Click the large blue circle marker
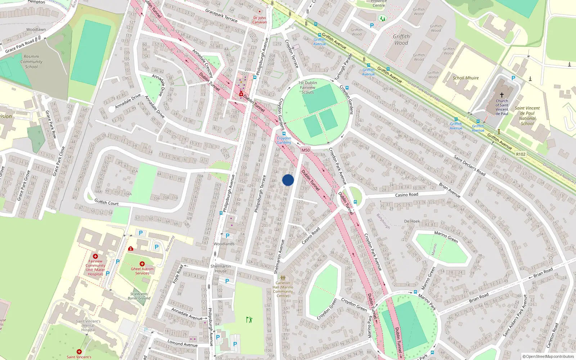[x=288, y=180]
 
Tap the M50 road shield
[x=305, y=150]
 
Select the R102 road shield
[x=521, y=154]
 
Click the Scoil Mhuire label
[x=465, y=78]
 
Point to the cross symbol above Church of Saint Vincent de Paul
[x=501, y=95]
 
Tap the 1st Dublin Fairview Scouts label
[x=308, y=87]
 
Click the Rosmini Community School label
[x=31, y=62]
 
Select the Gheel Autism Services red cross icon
[x=142, y=264]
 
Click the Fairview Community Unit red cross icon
[x=95, y=256]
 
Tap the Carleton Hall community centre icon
[x=283, y=278]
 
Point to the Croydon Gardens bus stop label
[x=284, y=140]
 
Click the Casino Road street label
[x=406, y=195]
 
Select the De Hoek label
[x=412, y=221]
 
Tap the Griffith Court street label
[x=107, y=203]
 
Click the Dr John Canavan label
[x=260, y=20]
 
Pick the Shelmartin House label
[x=221, y=269]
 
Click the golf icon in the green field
[x=249, y=319]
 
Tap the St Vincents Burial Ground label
[x=139, y=296]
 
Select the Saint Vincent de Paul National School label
[x=527, y=116]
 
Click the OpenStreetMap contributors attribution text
[x=548, y=356]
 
